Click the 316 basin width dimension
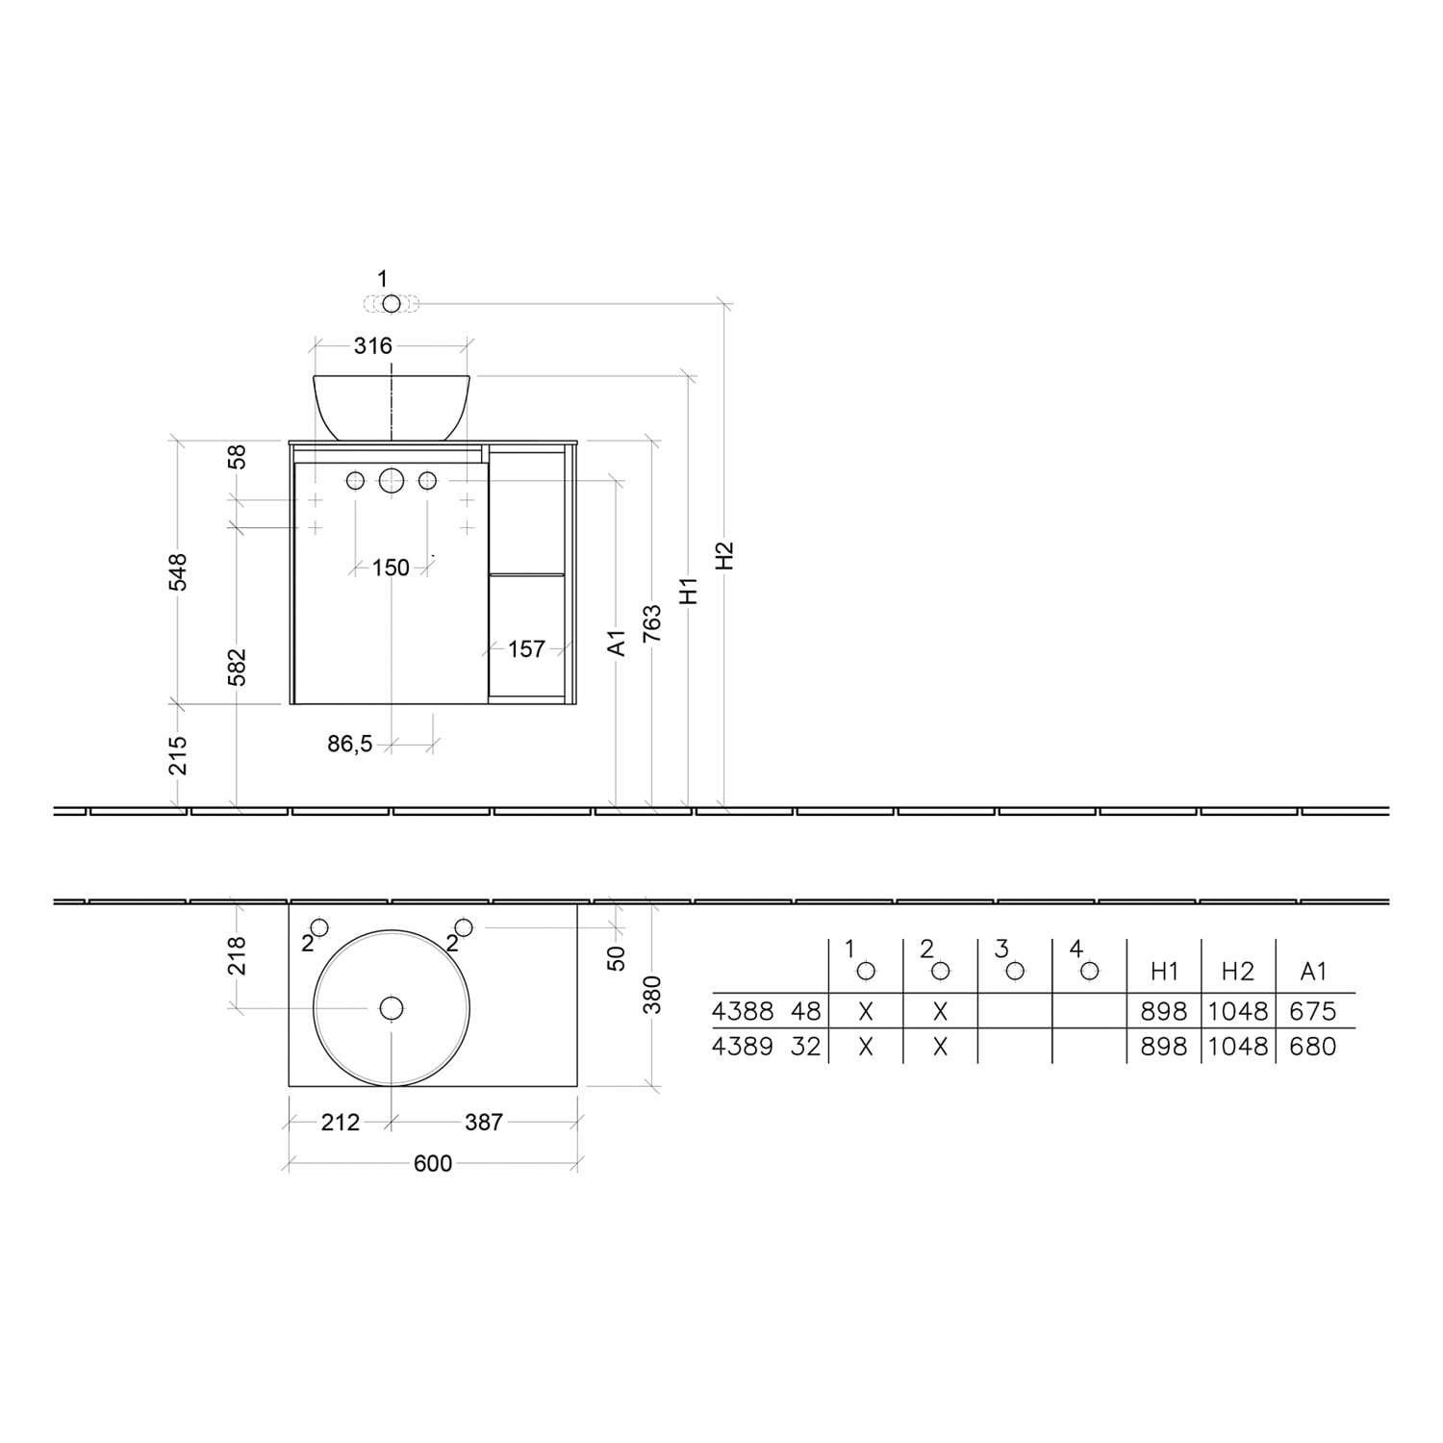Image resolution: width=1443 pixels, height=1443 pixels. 372,345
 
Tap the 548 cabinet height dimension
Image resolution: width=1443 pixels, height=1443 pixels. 179,572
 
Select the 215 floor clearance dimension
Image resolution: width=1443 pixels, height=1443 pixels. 179,755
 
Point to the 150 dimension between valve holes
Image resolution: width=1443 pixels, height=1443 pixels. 391,568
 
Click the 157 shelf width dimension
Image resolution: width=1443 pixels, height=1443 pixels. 526,649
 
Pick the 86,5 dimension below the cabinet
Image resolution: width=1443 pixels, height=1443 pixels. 350,744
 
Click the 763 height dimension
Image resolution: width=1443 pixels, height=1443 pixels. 652,623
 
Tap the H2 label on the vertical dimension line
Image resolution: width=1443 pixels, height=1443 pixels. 725,555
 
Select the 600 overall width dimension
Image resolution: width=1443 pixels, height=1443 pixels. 433,1163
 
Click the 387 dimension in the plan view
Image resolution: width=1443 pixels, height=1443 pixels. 483,1122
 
